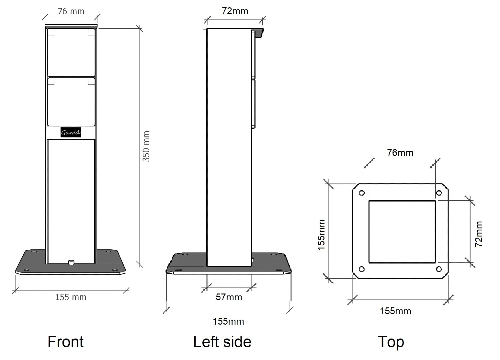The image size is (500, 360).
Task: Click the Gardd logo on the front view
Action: coord(71,133)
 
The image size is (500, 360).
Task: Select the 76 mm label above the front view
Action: coord(71,11)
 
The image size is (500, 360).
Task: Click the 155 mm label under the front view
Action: coord(71,297)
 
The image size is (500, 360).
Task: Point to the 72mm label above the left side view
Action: coord(235,11)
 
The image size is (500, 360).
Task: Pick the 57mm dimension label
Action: coord(229,297)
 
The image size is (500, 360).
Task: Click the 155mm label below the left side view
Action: coord(228,321)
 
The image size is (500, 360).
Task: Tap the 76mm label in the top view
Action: coord(400,153)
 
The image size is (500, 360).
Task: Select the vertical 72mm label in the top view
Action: coord(478,234)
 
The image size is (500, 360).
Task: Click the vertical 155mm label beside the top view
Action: coord(321,235)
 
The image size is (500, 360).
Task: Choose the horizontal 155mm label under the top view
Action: coord(395,311)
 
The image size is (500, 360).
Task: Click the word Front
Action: coord(66,342)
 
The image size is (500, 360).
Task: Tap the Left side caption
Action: coord(222,342)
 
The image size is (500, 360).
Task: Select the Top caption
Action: coord(391,342)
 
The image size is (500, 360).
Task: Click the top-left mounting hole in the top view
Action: coord(362,193)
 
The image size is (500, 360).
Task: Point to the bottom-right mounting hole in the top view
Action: coord(439,269)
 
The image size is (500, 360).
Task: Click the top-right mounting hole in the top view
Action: coord(439,193)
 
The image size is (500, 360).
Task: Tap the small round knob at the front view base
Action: coord(71,262)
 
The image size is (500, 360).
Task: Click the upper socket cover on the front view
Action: coord(71,52)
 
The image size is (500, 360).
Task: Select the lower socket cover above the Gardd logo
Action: coord(71,101)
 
